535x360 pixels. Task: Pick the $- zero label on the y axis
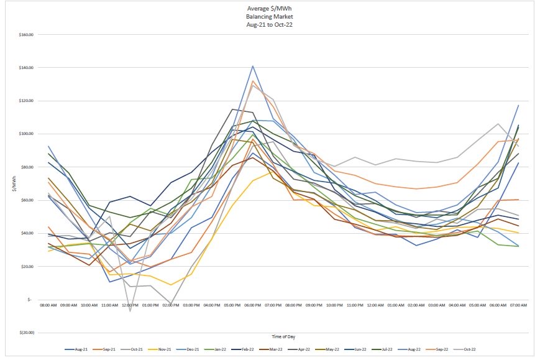point(30,300)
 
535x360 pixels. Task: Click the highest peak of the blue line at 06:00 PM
point(252,65)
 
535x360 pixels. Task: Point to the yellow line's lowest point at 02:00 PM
point(171,285)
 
